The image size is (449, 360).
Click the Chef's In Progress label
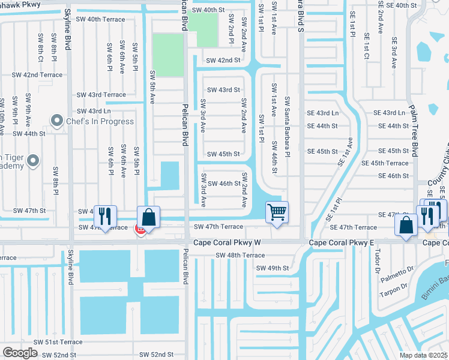(100, 121)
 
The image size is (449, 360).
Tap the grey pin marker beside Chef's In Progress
(58, 121)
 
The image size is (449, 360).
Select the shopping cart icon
(277, 212)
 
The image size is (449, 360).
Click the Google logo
(20, 352)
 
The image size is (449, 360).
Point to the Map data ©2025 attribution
(423, 355)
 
